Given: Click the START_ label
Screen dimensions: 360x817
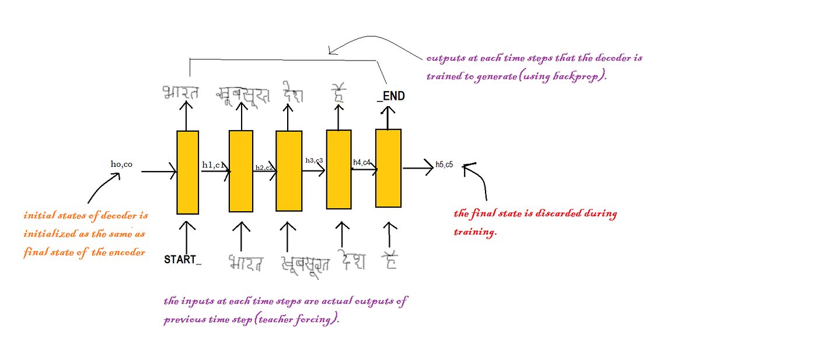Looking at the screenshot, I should click(183, 260).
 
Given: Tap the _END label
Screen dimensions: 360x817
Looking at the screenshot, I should click(391, 96).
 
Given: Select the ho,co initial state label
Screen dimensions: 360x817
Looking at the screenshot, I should click(121, 164).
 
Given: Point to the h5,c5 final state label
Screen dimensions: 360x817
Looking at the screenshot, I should click(444, 165).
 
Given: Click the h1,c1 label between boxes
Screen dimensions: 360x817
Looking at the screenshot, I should click(213, 165).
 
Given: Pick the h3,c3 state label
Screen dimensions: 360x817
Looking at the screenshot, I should click(314, 160).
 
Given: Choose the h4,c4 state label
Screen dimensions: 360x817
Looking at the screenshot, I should click(362, 162).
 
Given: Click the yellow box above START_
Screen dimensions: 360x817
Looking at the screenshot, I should click(187, 172).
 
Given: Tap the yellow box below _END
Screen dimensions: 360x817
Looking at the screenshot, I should click(388, 168).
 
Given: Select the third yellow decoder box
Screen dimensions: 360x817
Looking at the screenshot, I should click(289, 171).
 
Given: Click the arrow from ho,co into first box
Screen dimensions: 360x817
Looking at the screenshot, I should click(159, 172).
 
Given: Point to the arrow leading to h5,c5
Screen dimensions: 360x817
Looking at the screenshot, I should click(418, 169).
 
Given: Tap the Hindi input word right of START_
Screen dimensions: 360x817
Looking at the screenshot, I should click(245, 263).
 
